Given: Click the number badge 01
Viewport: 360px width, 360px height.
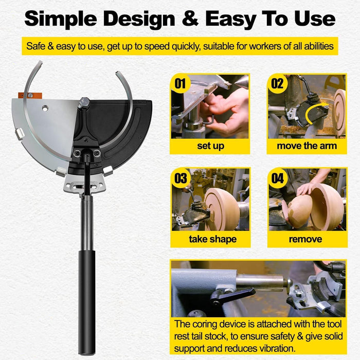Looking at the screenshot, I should pos(180,83).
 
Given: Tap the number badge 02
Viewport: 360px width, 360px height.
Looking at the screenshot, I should pos(277,83).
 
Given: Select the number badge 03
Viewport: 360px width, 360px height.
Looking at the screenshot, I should pos(181,178).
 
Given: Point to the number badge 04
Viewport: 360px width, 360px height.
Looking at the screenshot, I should pos(277,178).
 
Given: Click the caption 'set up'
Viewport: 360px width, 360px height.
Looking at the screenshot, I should pos(210,146).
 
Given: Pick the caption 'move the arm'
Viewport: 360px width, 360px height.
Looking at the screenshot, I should pos(307,146).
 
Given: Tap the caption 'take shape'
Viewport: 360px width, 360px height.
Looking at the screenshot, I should pos(210,240).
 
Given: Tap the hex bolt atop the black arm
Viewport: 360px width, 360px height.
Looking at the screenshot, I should pos(85,102).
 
